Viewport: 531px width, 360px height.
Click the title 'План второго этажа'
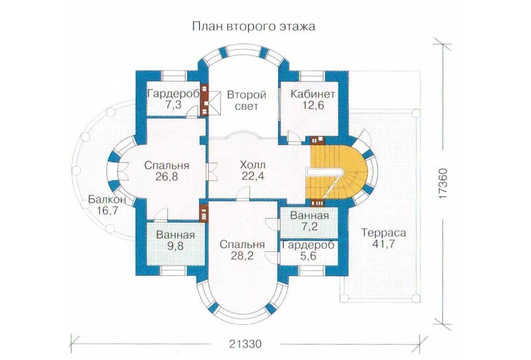[253, 26]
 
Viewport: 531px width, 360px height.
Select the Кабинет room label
[313, 94]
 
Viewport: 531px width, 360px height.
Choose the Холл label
[253, 165]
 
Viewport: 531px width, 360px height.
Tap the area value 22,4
[253, 176]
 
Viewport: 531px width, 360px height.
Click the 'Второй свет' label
[247, 100]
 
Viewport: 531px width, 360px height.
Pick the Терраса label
[383, 233]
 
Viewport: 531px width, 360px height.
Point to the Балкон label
[107, 200]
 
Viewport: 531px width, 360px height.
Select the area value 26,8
[166, 177]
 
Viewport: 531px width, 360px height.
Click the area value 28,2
[242, 255]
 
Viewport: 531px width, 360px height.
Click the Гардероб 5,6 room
[309, 251]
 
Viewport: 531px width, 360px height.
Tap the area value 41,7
[383, 244]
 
